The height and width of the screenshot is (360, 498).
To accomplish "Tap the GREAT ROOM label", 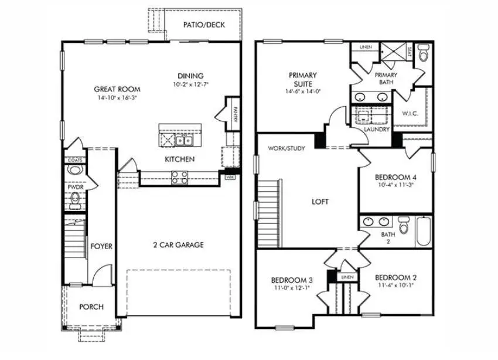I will coord(117,89).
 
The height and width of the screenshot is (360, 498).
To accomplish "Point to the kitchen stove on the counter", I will coord(180,176).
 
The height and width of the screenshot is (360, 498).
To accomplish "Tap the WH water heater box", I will coord(230,176).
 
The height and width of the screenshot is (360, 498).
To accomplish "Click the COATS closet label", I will coord(74,159).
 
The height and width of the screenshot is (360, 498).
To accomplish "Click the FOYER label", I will coord(101,246).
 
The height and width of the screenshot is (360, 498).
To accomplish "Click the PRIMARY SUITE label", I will coord(302,79).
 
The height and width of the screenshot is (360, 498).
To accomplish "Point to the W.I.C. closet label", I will coord(410,113).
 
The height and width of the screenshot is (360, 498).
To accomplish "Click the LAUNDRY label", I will coord(377,129).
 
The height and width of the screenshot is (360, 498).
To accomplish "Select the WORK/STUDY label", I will coord(286,148).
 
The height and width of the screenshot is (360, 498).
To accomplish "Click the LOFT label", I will coord(320,201).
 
